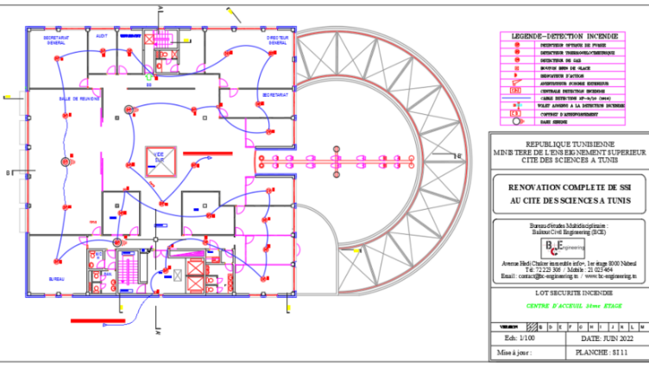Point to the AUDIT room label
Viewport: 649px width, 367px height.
[x=102, y=37]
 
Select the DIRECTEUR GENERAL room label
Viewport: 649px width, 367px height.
[x=278, y=41]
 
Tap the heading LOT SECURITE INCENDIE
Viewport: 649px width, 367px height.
[x=566, y=294]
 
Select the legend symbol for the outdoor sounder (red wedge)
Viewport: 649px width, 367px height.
[x=516, y=82]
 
